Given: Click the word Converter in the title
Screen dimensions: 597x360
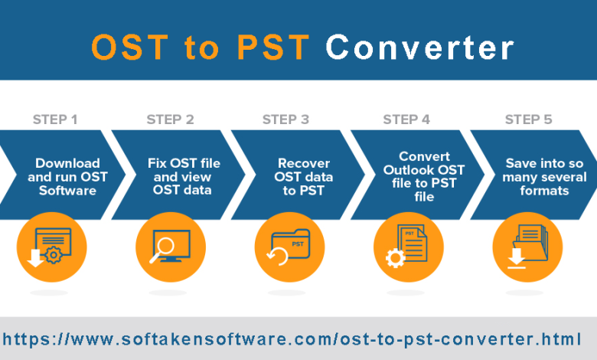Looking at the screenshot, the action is pos(420,47).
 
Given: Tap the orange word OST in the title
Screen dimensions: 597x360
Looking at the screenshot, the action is pos(130,47).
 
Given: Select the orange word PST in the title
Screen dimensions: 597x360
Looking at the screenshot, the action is pos(273,47).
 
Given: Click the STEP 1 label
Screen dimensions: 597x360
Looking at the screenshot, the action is pos(55,119).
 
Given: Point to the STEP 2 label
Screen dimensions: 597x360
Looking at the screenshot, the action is pos(170,119).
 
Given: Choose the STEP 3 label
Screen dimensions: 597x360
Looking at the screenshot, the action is pos(285,119).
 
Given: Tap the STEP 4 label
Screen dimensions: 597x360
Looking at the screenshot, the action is pos(406,119).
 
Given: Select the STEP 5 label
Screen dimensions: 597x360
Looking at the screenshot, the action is pos(528,119).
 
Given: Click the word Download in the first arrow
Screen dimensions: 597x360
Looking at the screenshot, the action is pos(68,163).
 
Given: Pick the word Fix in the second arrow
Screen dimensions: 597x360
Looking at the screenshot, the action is pos(157,163).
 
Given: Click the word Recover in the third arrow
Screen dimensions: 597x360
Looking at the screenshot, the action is pos(304,163).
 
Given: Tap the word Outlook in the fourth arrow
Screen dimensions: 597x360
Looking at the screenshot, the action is pos(407,170).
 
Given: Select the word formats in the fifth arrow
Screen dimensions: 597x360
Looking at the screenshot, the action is pos(544,191).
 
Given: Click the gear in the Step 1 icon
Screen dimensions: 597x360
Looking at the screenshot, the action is pos(54,255).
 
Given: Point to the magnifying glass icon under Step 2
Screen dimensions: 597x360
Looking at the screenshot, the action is pos(162,250).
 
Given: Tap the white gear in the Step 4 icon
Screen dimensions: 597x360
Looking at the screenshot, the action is pos(395,258).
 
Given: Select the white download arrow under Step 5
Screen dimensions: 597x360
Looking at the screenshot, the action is pos(517,258).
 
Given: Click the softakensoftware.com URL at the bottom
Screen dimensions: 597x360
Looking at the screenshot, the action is pos(292,339).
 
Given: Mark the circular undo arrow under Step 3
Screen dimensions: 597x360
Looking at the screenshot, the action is pos(277,257).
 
